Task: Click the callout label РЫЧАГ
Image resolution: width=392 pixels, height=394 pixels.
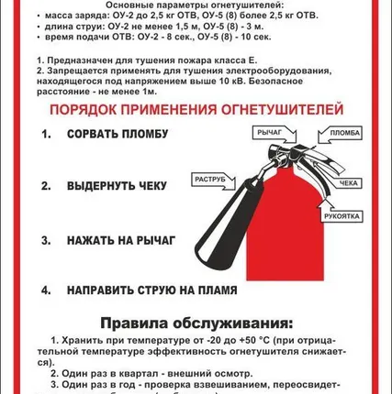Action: (269, 134)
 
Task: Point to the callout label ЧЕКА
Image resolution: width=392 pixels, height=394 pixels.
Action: (349, 183)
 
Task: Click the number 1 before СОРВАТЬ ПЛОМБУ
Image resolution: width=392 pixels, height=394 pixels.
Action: (45, 135)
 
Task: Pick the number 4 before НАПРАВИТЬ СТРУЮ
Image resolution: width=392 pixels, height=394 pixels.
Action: (45, 290)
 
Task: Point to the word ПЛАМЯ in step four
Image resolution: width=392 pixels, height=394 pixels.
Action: (215, 290)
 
